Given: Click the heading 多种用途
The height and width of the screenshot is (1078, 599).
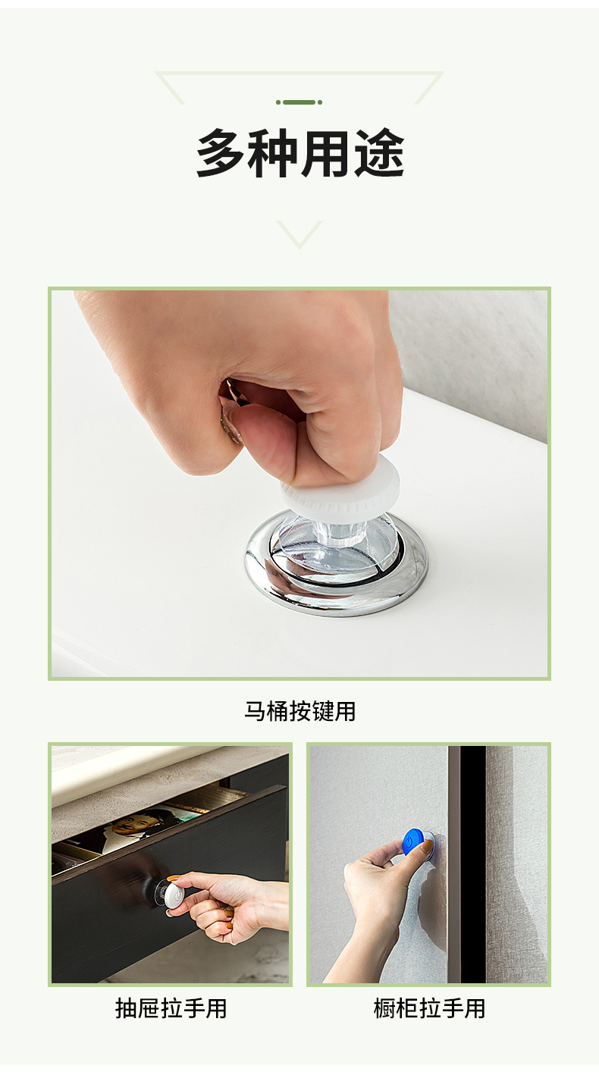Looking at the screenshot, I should (299, 154).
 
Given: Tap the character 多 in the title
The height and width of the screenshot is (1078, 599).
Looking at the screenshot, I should (221, 154).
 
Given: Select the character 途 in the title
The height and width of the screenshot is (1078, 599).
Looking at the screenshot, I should (379, 154).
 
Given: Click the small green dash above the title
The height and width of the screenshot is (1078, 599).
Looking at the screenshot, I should (299, 102).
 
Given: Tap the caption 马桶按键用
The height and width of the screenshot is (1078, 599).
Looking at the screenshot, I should (299, 711).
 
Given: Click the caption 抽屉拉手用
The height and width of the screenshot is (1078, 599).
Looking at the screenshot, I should (171, 1008).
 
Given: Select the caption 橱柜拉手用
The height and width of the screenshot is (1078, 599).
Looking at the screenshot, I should (429, 1008).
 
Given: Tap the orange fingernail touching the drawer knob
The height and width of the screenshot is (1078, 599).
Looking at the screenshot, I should (174, 879).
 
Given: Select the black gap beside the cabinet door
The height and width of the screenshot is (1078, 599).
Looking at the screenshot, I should (472, 864).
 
